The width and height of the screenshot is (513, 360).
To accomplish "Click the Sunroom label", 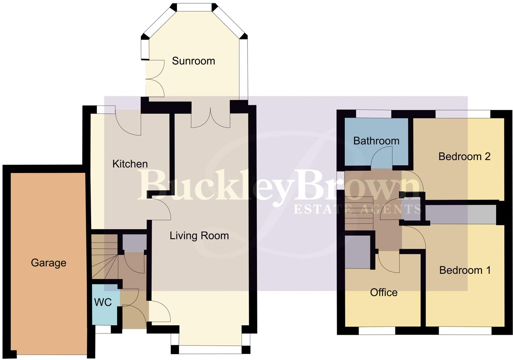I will pos(193,61).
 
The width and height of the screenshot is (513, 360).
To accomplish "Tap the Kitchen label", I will pos(130,164).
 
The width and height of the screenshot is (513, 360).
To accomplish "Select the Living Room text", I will pos(199,236).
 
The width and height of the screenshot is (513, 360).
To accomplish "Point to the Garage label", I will pos(49,263).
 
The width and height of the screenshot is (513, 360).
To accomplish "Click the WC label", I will pos(103,303).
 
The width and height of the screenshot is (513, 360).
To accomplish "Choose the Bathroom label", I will pos(376,141).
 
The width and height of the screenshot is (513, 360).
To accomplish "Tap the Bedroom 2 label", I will pos(464,157).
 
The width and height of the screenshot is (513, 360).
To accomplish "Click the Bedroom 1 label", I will pos(464,270).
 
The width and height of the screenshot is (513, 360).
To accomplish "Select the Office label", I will pos(384,293).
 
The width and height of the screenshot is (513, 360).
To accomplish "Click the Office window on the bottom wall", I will pos(377,331).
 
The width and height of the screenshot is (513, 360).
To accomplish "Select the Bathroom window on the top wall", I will pos(373,114).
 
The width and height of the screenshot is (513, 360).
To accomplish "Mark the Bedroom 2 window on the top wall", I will pos(462,114).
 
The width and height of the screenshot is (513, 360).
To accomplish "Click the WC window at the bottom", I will pos(103,329).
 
